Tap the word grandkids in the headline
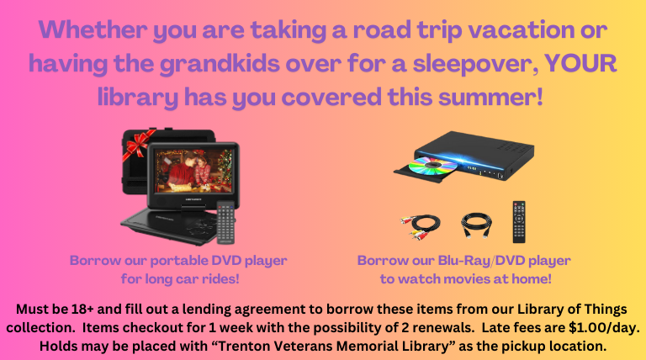click(207, 64)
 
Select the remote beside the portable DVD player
click(224, 220)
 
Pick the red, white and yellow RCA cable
click(419, 223)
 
